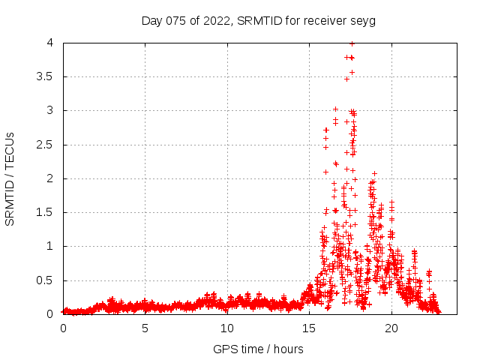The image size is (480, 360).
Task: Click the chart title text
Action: [x=258, y=20]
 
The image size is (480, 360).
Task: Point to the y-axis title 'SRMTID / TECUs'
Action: [x=10, y=178]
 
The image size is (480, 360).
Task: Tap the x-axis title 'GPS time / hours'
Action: [x=258, y=349]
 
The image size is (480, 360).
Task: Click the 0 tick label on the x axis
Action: [x=63, y=328]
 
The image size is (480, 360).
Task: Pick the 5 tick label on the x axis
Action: [x=145, y=328]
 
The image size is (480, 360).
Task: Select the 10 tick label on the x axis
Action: [x=227, y=328]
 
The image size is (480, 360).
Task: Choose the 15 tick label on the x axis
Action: [x=309, y=328]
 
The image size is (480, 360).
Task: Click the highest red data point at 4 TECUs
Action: [x=352, y=43]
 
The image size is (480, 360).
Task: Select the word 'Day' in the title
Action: [x=152, y=21]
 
